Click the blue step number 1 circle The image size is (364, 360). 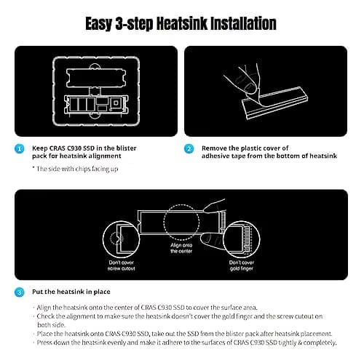[x=20, y=149]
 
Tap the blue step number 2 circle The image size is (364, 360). [x=189, y=149]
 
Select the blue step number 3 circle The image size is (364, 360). [x=20, y=292]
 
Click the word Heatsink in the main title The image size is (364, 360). [x=182, y=24]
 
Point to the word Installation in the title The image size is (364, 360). [x=243, y=24]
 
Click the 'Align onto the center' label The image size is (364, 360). [x=181, y=248]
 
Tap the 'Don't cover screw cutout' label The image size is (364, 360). [x=122, y=265]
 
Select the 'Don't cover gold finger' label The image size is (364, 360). [x=242, y=265]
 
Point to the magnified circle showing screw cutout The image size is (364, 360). [x=103, y=239]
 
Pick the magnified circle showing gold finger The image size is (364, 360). [x=260, y=239]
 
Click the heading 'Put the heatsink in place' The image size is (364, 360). [x=71, y=292]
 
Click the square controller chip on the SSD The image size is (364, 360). [x=116, y=103]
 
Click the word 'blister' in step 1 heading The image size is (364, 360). [x=126, y=148]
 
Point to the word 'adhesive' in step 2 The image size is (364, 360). [x=215, y=156]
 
